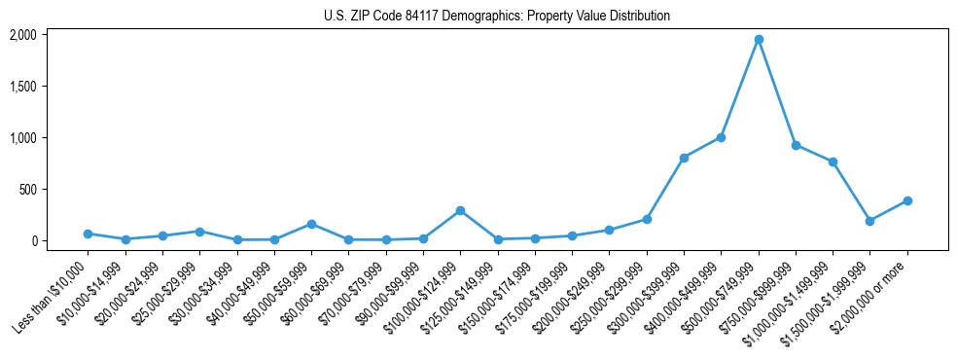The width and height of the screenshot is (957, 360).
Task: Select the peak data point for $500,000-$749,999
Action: (759, 39)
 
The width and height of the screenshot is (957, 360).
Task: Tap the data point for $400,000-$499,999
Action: (721, 137)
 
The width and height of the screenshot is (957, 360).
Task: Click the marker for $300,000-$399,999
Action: (684, 158)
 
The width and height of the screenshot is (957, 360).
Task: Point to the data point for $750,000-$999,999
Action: (796, 145)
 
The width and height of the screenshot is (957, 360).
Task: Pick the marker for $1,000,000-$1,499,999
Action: (833, 162)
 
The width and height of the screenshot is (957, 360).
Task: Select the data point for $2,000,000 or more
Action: (907, 200)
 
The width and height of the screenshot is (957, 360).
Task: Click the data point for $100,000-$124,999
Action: (460, 210)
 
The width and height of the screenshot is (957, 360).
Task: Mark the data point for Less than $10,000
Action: (88, 234)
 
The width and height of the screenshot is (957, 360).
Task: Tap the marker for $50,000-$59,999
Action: (311, 224)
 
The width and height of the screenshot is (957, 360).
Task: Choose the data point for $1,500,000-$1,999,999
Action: (870, 221)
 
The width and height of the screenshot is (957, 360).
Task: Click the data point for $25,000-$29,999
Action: (199, 232)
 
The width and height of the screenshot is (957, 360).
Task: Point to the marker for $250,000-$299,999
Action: (647, 219)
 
